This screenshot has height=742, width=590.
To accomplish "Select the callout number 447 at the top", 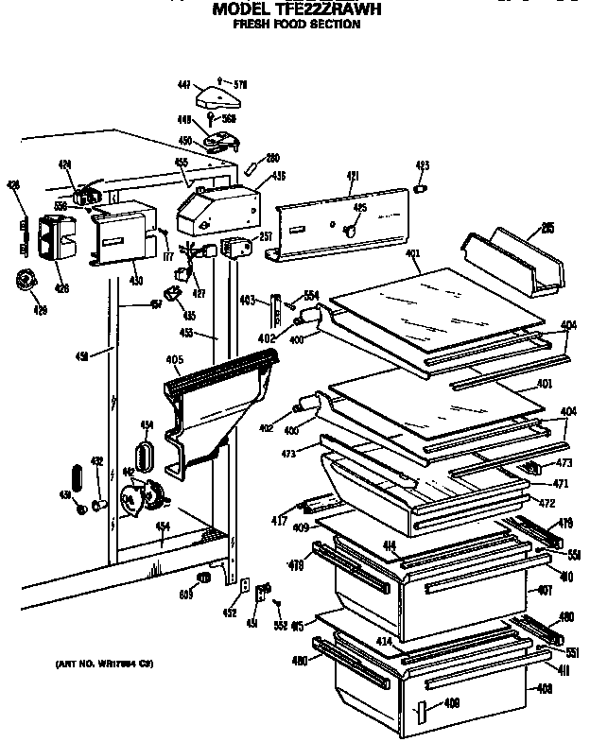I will point(184,85).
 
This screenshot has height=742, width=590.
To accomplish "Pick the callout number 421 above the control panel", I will point(353,175).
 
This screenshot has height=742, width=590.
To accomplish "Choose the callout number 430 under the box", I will point(136,281).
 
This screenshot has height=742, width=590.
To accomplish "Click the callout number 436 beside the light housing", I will point(279,176).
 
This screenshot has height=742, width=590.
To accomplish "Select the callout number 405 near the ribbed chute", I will point(173,359).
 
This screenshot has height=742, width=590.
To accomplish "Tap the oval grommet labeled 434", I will point(147,454).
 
